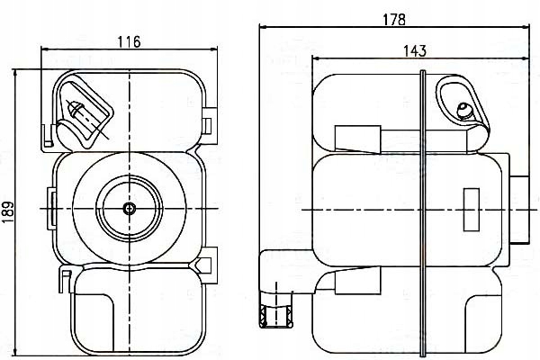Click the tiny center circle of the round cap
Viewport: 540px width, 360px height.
pyautogui.click(x=130, y=209)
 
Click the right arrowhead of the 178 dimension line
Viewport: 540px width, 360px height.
pyautogui.click(x=527, y=27)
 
